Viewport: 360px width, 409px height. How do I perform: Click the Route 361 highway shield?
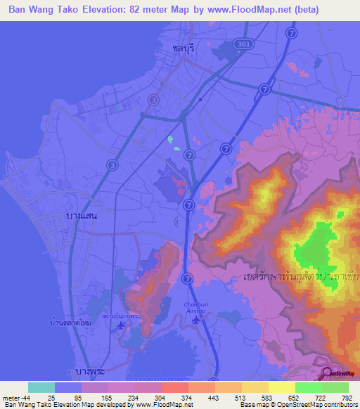pyautogui.click(x=243, y=44)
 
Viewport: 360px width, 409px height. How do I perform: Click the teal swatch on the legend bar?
pyautogui.click(x=41, y=387)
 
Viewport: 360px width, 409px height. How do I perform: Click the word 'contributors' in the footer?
pyautogui.click(x=338, y=405)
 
